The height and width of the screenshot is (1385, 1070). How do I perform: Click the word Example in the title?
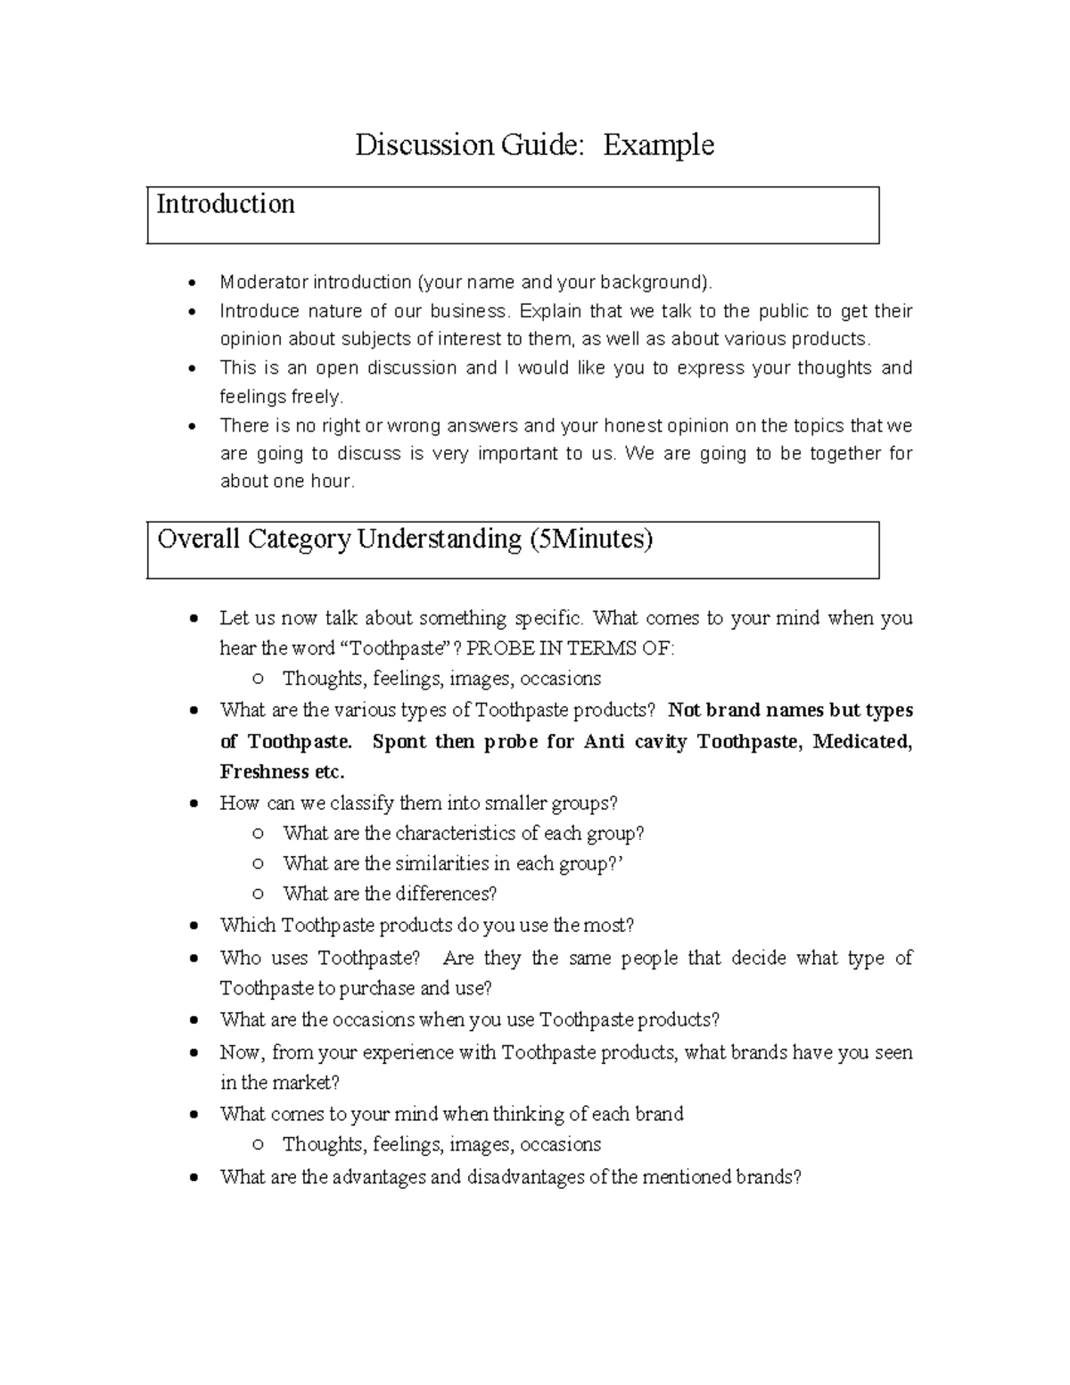(x=658, y=145)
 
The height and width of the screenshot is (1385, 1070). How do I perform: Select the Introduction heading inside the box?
(x=226, y=204)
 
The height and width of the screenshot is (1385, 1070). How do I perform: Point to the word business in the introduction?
(x=469, y=311)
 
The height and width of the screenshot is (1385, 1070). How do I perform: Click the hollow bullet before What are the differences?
(x=258, y=894)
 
